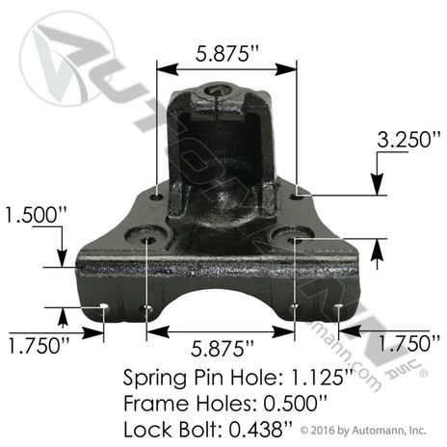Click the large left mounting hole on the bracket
pos(147,236)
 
